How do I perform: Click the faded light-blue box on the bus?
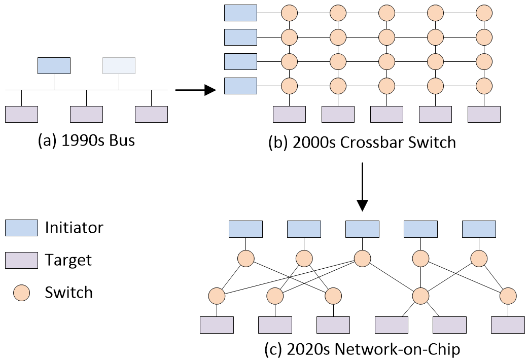pyautogui.click(x=119, y=65)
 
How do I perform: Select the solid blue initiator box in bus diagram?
pyautogui.click(x=54, y=65)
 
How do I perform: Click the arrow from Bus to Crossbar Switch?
pyautogui.click(x=196, y=91)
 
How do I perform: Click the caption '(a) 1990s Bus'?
pyautogui.click(x=86, y=140)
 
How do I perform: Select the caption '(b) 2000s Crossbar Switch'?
pyautogui.click(x=362, y=142)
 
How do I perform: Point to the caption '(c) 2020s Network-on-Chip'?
pyautogui.click(x=362, y=349)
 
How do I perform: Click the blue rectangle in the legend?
pyautogui.click(x=21, y=228)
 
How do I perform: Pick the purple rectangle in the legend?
pyautogui.click(x=21, y=261)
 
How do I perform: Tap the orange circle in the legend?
pyautogui.click(x=21, y=293)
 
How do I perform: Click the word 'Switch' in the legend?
pyautogui.click(x=68, y=293)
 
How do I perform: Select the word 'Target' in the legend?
pyautogui.click(x=68, y=261)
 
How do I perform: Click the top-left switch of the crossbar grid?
pyautogui.click(x=289, y=12)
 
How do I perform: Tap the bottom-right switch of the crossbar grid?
pyautogui.click(x=484, y=85)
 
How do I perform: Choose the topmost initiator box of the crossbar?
pyautogui.click(x=240, y=13)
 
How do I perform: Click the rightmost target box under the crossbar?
pyautogui.click(x=484, y=114)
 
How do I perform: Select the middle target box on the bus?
pyautogui.click(x=86, y=114)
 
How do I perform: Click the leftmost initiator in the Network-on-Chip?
pyautogui.click(x=245, y=229)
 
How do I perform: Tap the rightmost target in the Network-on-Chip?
pyautogui.click(x=508, y=325)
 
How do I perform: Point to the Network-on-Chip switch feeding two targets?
pyautogui.click(x=420, y=295)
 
